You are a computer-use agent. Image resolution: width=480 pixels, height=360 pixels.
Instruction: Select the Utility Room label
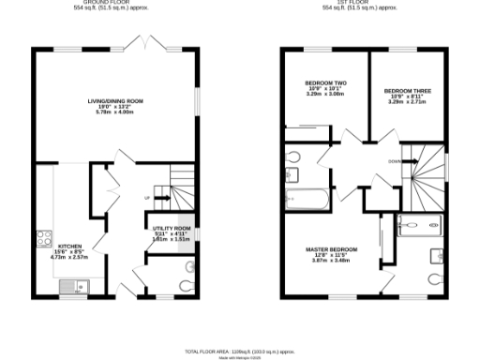click(171, 229)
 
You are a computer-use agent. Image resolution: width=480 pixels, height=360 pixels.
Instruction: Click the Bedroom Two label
click(326, 83)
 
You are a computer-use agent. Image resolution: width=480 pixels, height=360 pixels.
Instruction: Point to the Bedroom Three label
click(406, 91)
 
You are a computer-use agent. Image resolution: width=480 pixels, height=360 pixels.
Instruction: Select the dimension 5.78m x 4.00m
click(114, 112)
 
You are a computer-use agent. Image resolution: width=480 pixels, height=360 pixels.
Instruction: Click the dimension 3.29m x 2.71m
click(406, 102)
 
